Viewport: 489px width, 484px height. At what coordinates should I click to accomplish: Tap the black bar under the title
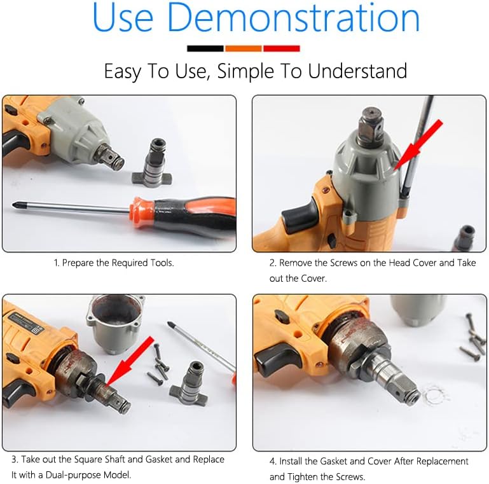click(205, 48)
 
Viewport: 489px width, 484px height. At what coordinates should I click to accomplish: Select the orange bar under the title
click(243, 48)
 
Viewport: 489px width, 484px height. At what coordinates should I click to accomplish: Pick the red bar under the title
click(281, 48)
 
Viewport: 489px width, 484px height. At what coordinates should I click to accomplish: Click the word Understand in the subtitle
click(357, 71)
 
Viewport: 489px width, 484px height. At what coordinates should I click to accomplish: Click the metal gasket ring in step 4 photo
click(436, 396)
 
